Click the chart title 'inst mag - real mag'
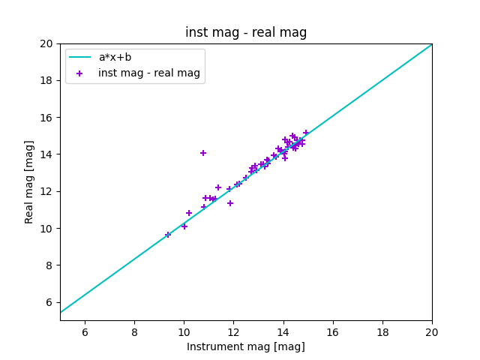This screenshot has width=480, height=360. (246, 33)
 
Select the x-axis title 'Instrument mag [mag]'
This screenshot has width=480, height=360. (246, 346)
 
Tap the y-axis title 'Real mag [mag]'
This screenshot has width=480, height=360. (30, 181)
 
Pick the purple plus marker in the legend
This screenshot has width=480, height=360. (79, 73)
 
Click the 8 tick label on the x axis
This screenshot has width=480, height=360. (134, 332)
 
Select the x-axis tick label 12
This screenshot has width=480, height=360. (233, 332)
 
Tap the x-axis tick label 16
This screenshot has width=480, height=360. (333, 332)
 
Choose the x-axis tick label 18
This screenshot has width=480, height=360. (382, 332)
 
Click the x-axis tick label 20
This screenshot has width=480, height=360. (432, 332)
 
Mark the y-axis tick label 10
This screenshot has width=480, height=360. (47, 229)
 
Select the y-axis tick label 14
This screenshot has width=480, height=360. (47, 154)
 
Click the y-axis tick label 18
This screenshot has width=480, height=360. (47, 80)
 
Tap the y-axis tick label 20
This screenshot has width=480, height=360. (47, 43)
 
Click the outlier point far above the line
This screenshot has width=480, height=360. (203, 153)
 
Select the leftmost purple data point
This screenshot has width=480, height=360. (168, 235)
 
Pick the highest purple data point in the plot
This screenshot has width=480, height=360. (306, 133)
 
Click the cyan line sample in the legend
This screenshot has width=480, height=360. (79, 57)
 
